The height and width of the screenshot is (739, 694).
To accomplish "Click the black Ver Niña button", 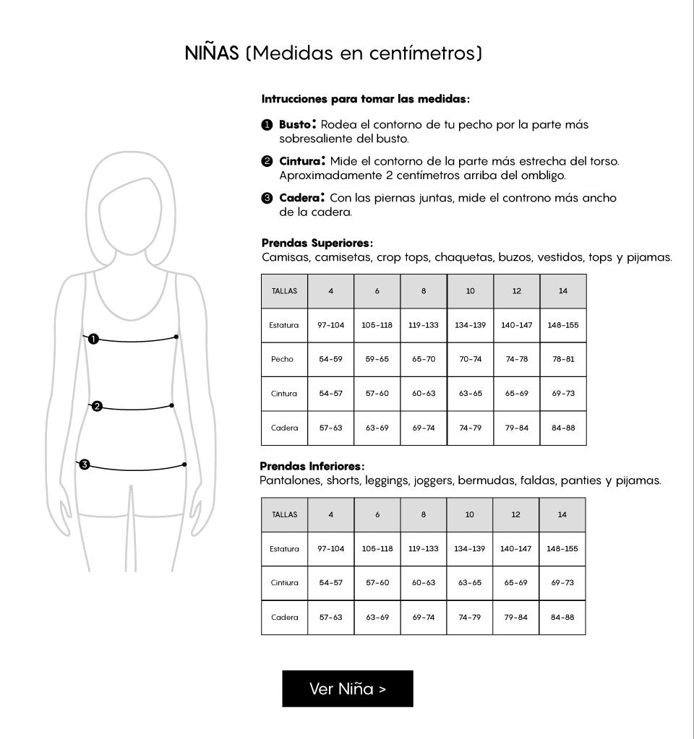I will (x=347, y=688).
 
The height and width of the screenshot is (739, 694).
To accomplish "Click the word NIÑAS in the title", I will (x=211, y=53).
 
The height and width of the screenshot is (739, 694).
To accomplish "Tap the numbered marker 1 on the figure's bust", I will (x=93, y=338).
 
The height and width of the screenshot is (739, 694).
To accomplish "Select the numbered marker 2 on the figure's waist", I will (x=96, y=407).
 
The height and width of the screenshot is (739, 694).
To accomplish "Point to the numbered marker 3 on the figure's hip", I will (x=85, y=464).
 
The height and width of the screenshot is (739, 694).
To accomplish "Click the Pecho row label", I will (x=283, y=359).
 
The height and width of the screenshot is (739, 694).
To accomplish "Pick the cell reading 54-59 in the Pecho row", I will (x=330, y=359).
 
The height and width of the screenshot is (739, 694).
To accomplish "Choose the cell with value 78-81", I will (x=563, y=359).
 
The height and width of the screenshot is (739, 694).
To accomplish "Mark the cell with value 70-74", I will (x=470, y=359).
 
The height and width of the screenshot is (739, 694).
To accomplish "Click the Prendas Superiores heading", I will (x=317, y=243).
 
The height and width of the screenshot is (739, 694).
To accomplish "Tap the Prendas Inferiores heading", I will (x=312, y=467).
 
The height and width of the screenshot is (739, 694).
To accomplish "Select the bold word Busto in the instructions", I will (x=295, y=124).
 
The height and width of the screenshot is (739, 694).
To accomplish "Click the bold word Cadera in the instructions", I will (x=299, y=197).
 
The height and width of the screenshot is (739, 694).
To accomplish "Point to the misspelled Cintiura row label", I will (x=284, y=583).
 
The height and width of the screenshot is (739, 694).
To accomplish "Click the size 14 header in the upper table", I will (x=563, y=291).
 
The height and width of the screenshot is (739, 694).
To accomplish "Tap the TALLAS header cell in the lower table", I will (x=284, y=514).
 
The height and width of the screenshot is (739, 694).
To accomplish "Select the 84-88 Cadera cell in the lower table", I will (x=562, y=618).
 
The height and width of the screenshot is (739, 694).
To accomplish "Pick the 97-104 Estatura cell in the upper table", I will (x=330, y=325).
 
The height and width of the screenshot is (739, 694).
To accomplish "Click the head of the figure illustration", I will (x=131, y=209).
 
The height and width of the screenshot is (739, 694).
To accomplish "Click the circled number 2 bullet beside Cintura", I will (x=267, y=160).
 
